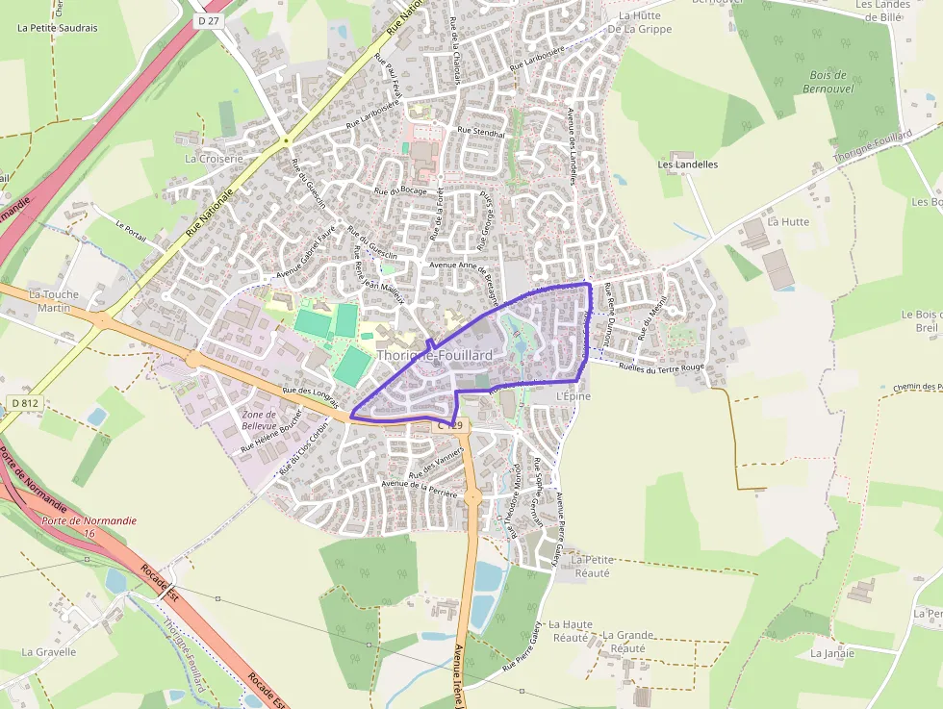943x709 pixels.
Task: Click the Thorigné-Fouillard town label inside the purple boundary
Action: (x=434, y=355)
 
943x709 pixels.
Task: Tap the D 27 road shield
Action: (x=207, y=20)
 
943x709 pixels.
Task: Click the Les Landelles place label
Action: (x=688, y=165)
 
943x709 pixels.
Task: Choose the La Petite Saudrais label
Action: (x=58, y=28)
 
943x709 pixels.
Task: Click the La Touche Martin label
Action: (x=54, y=301)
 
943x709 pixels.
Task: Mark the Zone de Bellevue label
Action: (x=259, y=420)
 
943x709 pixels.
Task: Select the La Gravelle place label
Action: (x=49, y=651)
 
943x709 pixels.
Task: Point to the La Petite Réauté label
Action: (x=592, y=566)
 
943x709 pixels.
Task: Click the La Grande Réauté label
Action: (x=628, y=642)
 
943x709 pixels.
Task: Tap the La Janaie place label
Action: (x=832, y=653)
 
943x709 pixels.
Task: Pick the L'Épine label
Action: (x=573, y=396)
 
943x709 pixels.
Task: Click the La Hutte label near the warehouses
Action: (x=788, y=221)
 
